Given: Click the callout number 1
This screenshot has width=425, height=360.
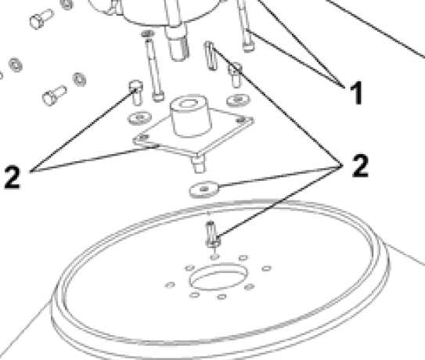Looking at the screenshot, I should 355,95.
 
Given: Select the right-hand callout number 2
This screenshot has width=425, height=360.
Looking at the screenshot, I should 359,166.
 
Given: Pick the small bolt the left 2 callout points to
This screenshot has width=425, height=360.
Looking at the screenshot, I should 135,93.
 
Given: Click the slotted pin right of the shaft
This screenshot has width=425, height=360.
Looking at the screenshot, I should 209,57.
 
